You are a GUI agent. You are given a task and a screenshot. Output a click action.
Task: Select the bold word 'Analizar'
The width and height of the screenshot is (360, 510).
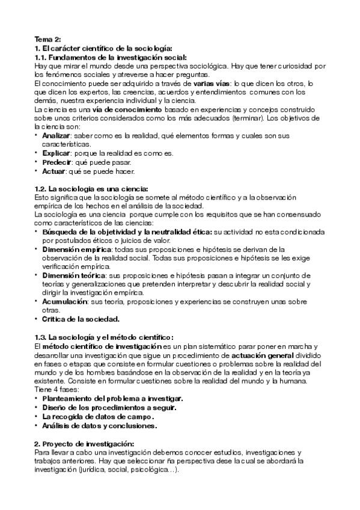click(x=58, y=136)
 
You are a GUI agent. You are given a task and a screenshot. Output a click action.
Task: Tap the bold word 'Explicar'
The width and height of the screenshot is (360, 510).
click(x=58, y=153)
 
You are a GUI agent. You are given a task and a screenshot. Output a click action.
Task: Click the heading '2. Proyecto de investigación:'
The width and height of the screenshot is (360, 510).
click(x=84, y=443)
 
